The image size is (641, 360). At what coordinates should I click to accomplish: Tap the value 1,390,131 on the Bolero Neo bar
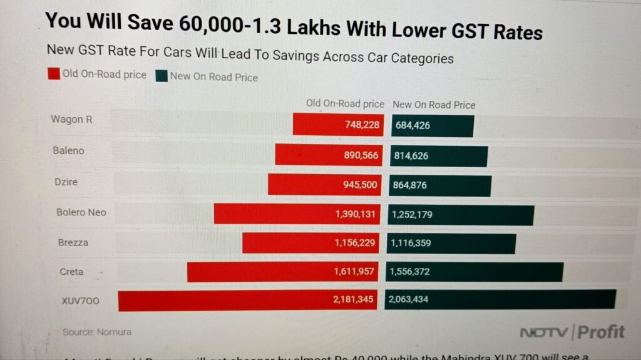click(x=355, y=214)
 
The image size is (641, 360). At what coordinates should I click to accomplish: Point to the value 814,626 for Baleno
click(x=411, y=156)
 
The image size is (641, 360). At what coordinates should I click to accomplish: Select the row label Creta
click(x=71, y=272)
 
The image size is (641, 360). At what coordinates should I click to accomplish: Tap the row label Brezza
click(x=73, y=242)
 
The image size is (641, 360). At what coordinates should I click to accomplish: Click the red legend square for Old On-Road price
click(x=54, y=75)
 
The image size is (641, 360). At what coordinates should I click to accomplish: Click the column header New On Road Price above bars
click(x=434, y=105)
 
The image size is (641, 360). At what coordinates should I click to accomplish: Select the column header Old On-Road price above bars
click(x=345, y=104)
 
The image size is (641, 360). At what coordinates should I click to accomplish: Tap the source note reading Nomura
click(x=113, y=332)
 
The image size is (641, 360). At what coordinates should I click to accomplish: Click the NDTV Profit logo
click(x=572, y=332)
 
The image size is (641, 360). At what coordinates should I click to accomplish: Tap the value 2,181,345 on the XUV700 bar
click(x=354, y=301)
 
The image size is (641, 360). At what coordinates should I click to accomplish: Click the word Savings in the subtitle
click(x=294, y=58)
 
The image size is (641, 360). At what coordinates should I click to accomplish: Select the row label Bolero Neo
click(x=81, y=212)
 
